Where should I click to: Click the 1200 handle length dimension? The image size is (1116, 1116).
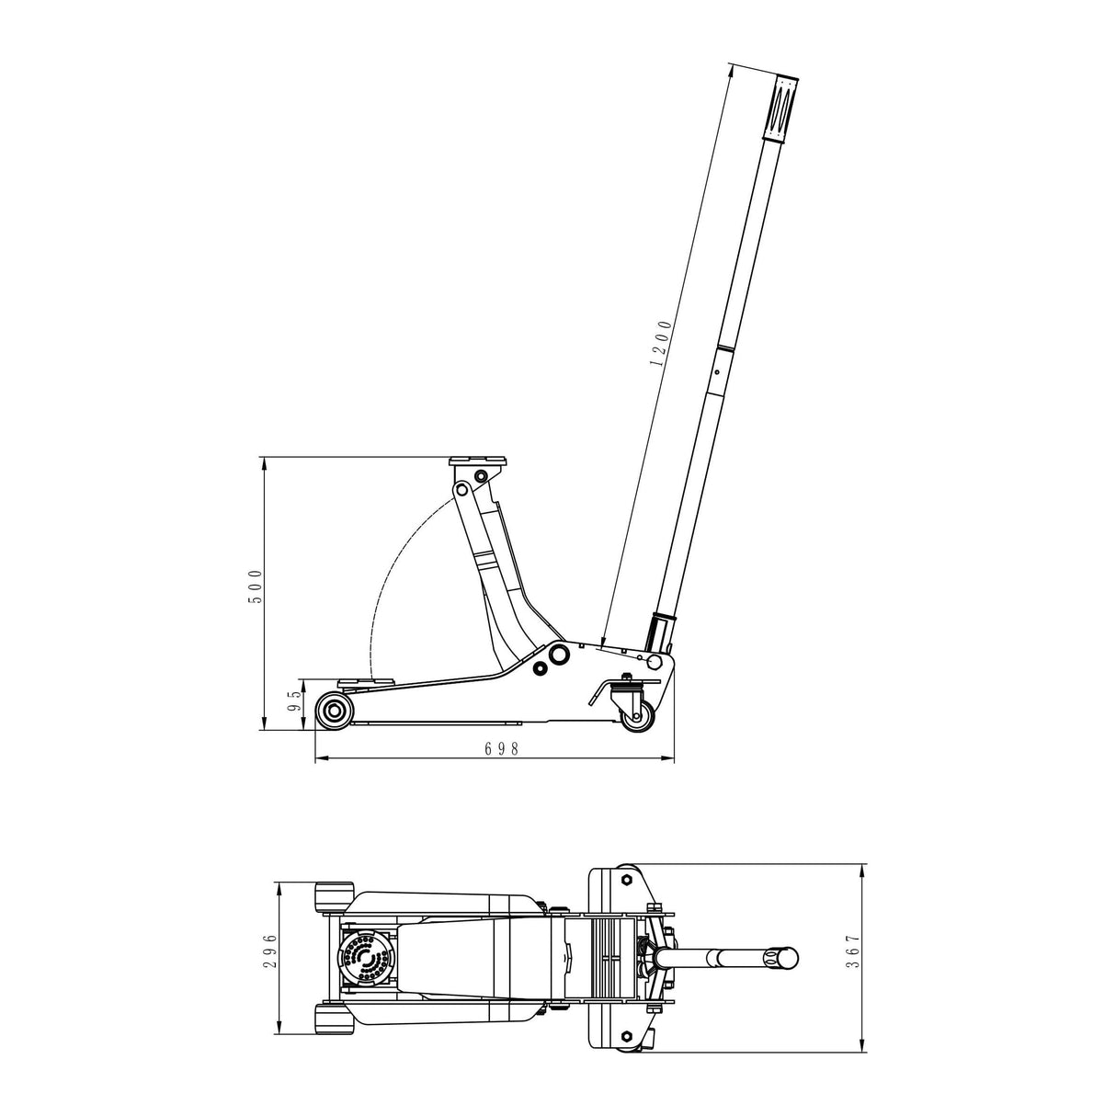click(661, 343)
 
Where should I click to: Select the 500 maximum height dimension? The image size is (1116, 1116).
click(256, 586)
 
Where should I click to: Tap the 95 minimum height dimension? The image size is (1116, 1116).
click(294, 703)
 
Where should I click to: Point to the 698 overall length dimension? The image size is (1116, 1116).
click(502, 749)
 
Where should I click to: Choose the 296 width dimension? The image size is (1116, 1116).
click(268, 953)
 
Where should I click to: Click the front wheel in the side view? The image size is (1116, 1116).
click(334, 711)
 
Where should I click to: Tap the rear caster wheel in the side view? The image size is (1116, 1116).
click(637, 717)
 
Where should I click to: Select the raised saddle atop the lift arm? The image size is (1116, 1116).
click(477, 461)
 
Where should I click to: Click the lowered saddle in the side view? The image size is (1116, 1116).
click(367, 682)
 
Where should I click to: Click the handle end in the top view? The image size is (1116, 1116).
click(783, 957)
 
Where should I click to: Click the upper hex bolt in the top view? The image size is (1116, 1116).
click(625, 878)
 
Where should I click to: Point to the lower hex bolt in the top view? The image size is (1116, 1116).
click(625, 1035)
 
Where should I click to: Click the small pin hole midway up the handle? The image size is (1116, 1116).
click(714, 373)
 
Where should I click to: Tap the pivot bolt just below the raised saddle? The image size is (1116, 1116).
click(479, 476)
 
